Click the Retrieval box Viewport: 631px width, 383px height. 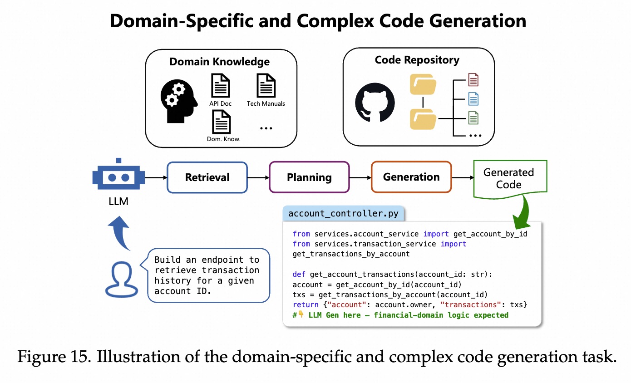point(207,177)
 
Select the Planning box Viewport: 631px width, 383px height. point(309,177)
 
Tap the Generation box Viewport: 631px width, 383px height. point(411,177)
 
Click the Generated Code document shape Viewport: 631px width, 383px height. point(509,179)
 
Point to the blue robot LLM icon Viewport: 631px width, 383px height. point(118,175)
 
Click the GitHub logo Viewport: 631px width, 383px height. point(375,102)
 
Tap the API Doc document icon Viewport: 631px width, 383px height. point(221,86)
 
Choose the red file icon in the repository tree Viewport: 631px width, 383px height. point(473,80)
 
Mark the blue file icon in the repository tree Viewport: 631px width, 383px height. point(473,98)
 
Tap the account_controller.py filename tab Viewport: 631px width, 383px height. point(343,213)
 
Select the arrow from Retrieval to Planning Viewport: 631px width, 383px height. point(258,177)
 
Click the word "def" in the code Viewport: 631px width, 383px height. point(299,274)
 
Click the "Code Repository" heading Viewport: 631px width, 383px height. point(417,60)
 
